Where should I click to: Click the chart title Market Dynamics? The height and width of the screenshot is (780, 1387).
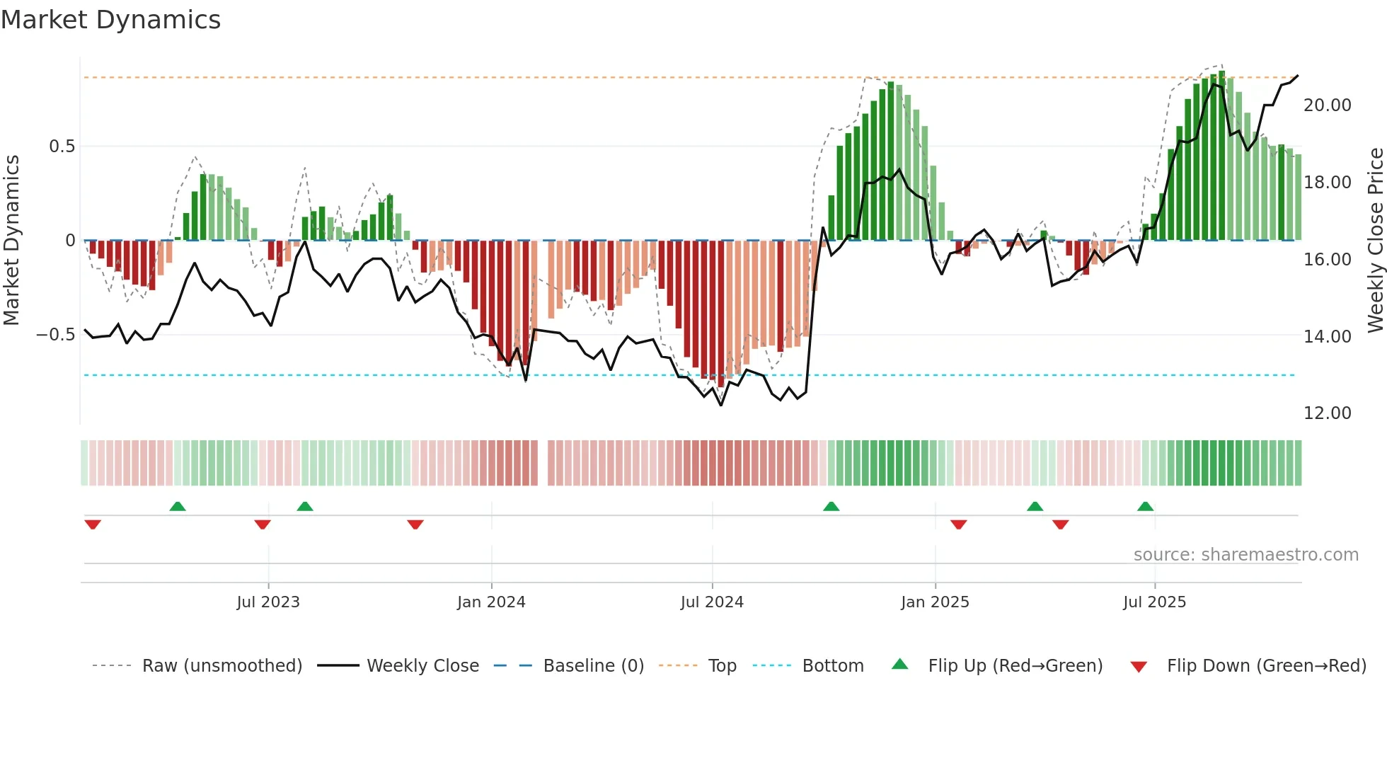pos(110,20)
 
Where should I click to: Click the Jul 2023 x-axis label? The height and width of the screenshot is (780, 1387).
pos(268,602)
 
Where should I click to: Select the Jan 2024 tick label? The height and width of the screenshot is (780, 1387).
pos(491,602)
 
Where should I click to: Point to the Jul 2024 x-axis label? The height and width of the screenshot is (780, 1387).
pos(712,602)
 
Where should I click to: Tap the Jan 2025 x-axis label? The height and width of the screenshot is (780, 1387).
pos(935,602)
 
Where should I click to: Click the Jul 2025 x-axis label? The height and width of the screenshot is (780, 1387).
pos(1154,602)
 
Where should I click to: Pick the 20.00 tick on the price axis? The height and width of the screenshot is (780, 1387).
pos(1327,105)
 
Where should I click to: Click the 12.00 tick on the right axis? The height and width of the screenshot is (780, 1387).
pos(1327,413)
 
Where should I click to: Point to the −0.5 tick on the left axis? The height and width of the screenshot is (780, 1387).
pos(56,335)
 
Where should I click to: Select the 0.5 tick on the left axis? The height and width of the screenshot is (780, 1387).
pos(62,147)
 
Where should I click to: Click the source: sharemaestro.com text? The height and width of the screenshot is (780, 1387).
pos(1245,555)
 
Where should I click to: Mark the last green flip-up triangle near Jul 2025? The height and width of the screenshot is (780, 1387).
pos(1145,507)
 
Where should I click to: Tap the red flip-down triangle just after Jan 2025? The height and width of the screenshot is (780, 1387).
pos(958,524)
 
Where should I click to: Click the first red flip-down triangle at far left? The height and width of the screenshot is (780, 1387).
pos(93,524)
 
